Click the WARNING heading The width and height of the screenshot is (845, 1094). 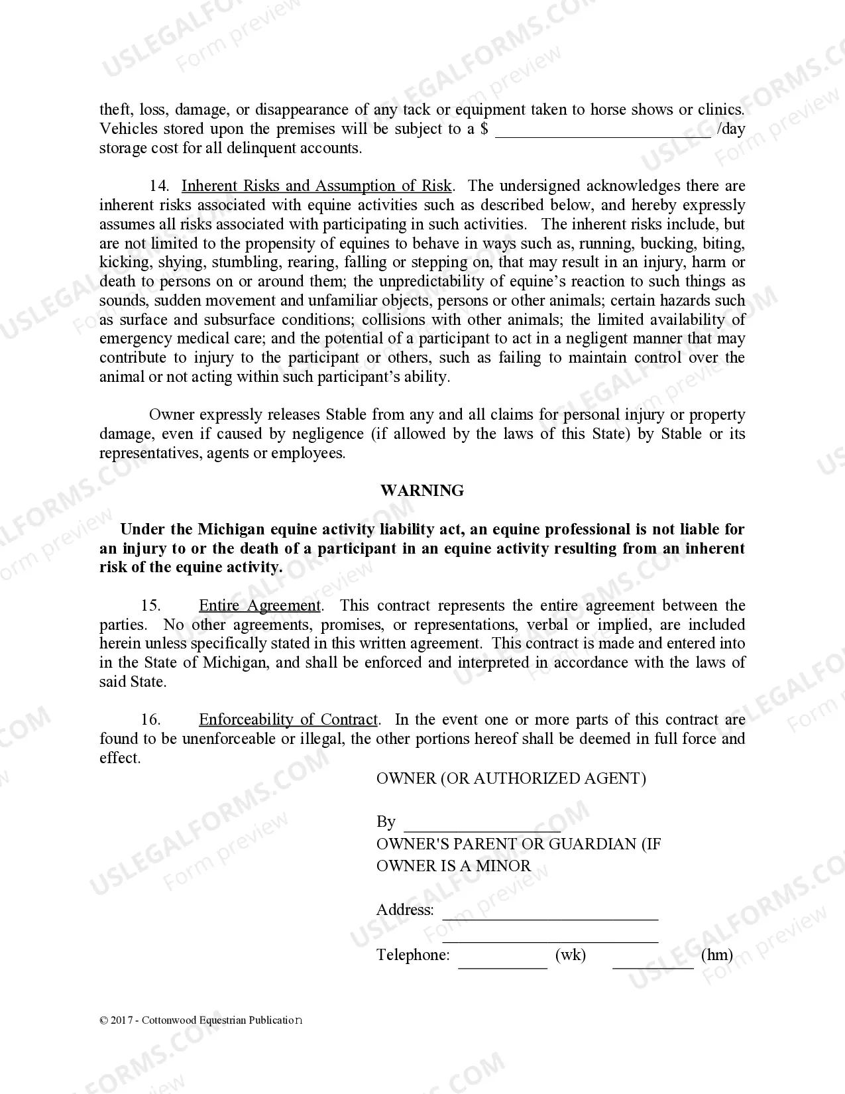pyautogui.click(x=422, y=491)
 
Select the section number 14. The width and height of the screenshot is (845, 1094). pyautogui.click(x=159, y=186)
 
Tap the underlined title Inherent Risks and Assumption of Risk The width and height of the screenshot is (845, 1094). pyautogui.click(x=316, y=186)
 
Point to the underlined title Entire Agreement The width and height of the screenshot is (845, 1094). pyautogui.click(x=260, y=606)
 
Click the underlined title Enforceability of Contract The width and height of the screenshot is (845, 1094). pyautogui.click(x=288, y=720)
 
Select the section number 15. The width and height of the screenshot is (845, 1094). pyautogui.click(x=150, y=606)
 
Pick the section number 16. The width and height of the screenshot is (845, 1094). pyautogui.click(x=150, y=720)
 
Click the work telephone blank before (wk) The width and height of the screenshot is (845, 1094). pyautogui.click(x=502, y=963)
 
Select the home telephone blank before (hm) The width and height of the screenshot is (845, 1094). pyautogui.click(x=653, y=963)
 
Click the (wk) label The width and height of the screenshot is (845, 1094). pyautogui.click(x=570, y=955)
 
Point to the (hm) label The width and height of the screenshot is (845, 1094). pyautogui.click(x=716, y=955)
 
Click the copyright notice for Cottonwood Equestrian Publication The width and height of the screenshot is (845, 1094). pyautogui.click(x=201, y=1020)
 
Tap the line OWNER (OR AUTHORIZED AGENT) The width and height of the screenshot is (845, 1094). pyautogui.click(x=511, y=778)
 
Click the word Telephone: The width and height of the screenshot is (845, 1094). pyautogui.click(x=413, y=955)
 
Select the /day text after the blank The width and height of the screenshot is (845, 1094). pyautogui.click(x=731, y=129)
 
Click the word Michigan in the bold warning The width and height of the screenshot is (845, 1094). pyautogui.click(x=229, y=530)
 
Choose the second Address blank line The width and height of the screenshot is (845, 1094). pyautogui.click(x=550, y=938)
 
